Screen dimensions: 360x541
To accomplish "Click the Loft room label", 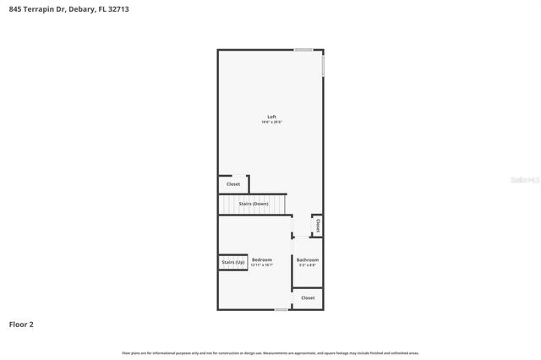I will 271,117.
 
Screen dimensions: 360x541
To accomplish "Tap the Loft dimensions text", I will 271,123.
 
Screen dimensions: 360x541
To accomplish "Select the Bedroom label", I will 261,259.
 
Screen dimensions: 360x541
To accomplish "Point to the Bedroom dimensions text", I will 261,265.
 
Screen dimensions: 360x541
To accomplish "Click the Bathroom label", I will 307,259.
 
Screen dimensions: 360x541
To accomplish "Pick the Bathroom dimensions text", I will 307,265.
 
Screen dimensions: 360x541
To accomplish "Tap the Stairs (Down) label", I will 254,205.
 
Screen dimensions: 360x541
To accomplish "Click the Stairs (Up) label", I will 233,263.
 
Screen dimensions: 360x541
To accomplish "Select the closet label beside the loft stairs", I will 233,184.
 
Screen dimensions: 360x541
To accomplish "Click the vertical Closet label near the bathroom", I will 318,226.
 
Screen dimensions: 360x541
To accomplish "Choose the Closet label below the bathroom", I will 308,297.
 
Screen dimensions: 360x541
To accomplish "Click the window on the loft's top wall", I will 303,50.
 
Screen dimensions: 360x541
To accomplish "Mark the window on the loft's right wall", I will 323,65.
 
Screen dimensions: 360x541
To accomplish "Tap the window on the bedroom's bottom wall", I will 281,310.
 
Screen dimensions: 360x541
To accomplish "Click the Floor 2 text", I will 22,324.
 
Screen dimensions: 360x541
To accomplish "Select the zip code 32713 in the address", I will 119,8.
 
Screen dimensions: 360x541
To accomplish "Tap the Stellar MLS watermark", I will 525,180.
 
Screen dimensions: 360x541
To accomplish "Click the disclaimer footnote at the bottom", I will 270,352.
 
